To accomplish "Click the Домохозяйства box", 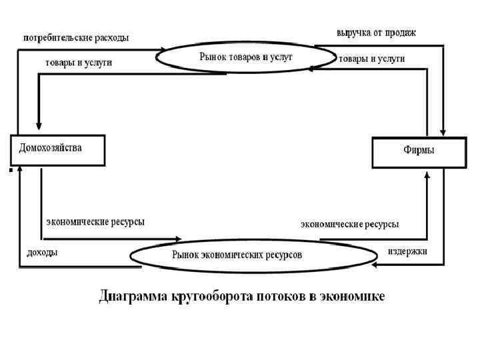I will coord(58,151).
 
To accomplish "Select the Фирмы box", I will coord(418,153).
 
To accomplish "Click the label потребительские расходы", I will coord(76,38).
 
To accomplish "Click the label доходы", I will coord(41,253).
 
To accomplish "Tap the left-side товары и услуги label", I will coord(78,62).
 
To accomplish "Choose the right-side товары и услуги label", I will coord(371,59).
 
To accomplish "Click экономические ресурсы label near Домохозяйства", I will coord(95,221).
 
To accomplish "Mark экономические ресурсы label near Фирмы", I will coord(349,225).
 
